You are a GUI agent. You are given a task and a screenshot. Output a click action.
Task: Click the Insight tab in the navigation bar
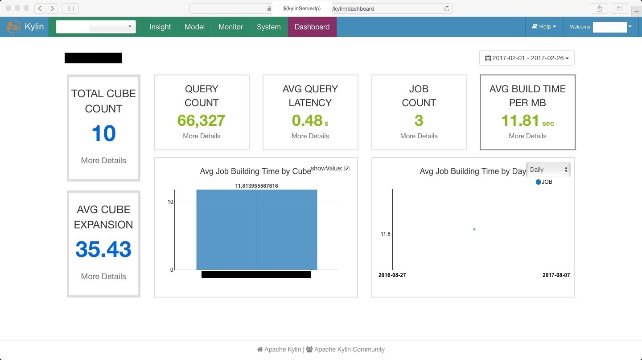160,27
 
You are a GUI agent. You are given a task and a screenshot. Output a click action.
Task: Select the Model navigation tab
194,27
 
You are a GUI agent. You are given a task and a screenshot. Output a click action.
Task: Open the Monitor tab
230,27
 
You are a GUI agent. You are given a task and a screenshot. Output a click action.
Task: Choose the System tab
268,27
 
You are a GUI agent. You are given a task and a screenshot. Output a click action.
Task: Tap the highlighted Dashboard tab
312,27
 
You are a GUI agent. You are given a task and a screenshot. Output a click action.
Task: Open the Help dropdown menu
544,27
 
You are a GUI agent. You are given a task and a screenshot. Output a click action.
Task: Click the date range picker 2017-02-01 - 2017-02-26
527,58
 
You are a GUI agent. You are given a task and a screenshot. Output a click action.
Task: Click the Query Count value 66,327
201,120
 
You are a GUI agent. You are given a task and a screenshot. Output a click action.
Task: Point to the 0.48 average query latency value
307,120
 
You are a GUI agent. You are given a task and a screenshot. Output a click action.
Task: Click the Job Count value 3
419,120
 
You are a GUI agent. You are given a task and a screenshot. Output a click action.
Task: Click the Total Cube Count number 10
103,133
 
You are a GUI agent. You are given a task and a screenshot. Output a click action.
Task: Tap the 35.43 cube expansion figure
103,249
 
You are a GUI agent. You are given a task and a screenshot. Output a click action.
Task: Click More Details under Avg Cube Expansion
103,277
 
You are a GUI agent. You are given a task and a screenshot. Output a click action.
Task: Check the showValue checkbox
347,169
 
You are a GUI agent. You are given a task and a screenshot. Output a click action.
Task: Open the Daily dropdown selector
548,170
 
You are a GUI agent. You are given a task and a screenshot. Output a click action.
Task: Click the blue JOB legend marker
538,182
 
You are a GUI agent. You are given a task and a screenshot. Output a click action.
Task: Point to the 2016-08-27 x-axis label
392,275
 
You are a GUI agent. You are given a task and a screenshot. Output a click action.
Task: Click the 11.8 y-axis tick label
385,234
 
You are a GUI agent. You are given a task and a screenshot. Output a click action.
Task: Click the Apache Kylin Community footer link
349,349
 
